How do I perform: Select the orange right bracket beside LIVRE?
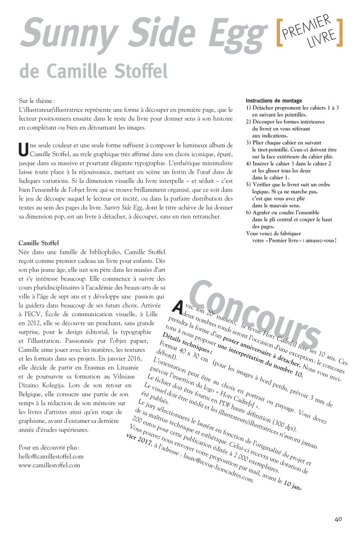tap(339, 32)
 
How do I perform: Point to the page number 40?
tap(338, 519)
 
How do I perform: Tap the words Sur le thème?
tap(36, 101)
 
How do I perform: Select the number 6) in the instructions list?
tap(249, 212)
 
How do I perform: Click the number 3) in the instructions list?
tap(249, 143)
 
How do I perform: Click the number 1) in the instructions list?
tap(249, 108)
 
